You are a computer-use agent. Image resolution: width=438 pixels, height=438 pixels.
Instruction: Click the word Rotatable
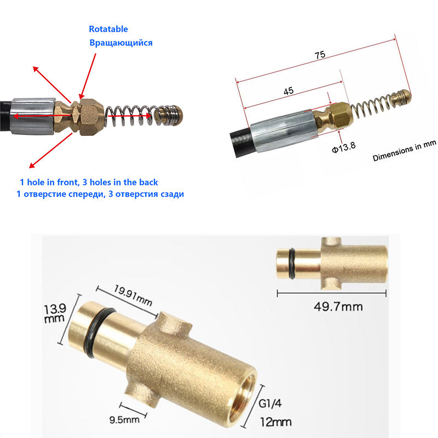[x=108, y=29]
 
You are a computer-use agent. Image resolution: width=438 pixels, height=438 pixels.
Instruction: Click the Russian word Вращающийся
[x=121, y=43]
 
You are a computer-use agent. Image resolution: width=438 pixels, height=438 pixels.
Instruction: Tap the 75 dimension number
[x=320, y=55]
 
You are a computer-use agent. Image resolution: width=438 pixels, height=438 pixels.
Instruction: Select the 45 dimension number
[x=289, y=91]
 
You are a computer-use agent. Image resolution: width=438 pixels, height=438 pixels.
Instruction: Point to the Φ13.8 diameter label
[x=344, y=147]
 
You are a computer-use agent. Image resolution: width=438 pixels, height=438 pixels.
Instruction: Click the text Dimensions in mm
[x=404, y=151]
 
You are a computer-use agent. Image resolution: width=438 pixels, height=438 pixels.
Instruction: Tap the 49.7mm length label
[x=338, y=307]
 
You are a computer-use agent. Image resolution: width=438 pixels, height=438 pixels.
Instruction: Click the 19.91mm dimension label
[x=133, y=296]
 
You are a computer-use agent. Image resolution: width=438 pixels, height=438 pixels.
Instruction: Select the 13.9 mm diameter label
[x=55, y=313]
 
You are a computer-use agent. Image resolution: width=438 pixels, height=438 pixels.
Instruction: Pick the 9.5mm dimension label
[x=124, y=419]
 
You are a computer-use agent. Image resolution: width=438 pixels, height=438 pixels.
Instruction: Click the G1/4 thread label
[x=270, y=404]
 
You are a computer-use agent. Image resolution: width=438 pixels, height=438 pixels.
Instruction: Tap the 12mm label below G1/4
[x=276, y=422]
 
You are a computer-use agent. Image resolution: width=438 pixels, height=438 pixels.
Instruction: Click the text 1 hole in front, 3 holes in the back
[x=89, y=182]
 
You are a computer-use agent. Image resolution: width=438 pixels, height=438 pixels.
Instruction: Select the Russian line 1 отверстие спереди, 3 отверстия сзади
[x=100, y=194]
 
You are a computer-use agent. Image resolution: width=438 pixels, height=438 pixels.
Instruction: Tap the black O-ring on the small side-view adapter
[x=292, y=263]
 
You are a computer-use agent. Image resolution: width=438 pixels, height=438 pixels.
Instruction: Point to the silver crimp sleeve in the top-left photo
[x=32, y=116]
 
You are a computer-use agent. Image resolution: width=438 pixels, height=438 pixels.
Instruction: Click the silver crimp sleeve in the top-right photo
[x=284, y=130]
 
